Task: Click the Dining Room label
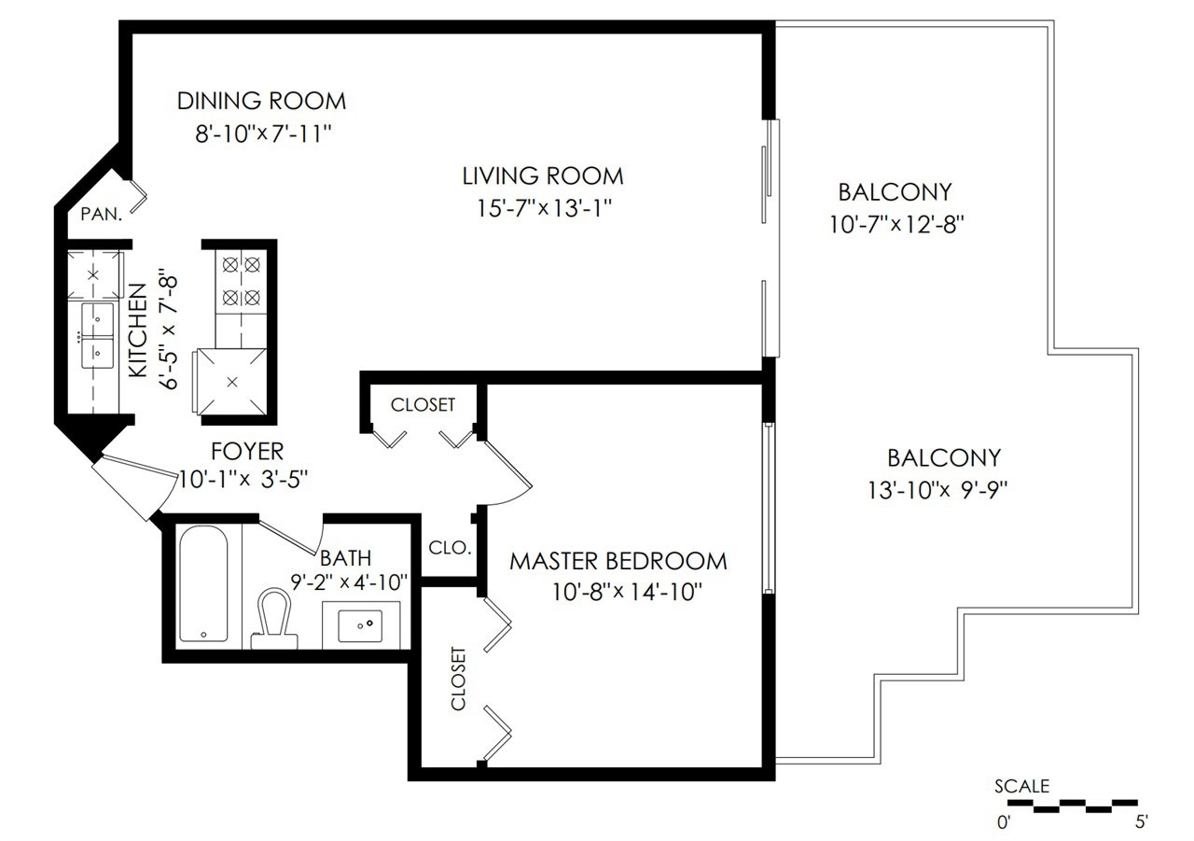point(261,101)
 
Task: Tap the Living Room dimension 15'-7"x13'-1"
point(544,207)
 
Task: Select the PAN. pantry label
point(102,215)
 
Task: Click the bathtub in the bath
point(203,583)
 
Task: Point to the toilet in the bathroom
point(274,619)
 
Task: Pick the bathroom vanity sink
point(360,626)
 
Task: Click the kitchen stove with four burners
point(241,281)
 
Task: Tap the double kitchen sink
point(97,335)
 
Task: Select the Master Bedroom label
point(618,562)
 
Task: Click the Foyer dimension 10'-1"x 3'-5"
point(243,479)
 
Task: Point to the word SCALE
point(1021,786)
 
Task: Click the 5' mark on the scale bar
point(1141,821)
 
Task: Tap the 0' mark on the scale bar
point(1004,822)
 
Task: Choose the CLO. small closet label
point(450,548)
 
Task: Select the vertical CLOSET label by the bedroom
point(458,679)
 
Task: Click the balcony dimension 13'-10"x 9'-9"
point(938,489)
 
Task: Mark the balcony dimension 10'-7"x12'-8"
point(896,224)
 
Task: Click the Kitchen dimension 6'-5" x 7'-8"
point(169,329)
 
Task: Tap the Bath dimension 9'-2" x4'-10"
point(349,582)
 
